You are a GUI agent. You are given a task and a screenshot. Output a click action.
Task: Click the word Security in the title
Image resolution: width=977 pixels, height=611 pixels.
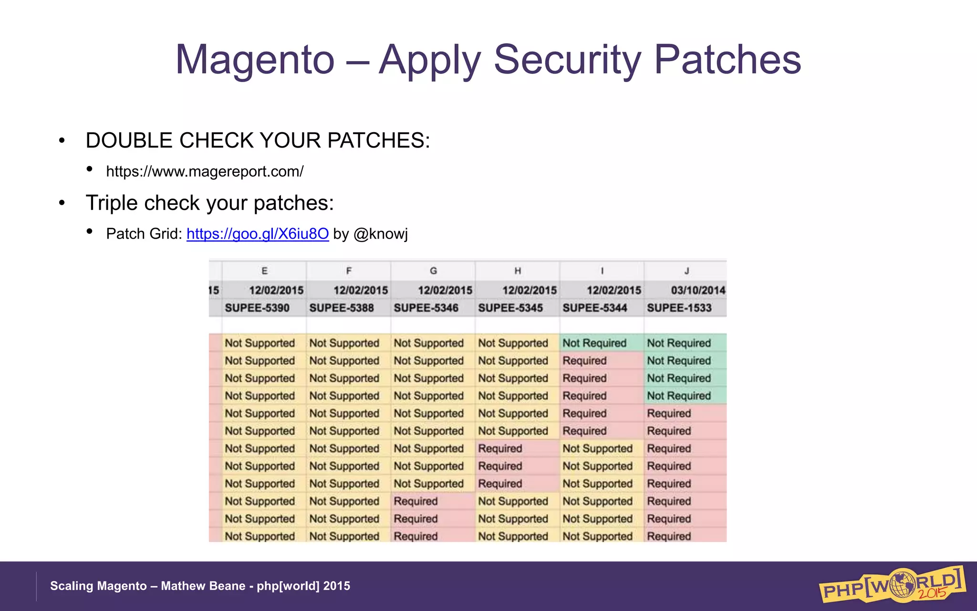click(567, 60)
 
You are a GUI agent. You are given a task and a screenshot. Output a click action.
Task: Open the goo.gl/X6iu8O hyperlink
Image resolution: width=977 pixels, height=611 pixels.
click(258, 234)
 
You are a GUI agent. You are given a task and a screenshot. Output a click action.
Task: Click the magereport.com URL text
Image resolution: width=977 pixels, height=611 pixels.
click(205, 171)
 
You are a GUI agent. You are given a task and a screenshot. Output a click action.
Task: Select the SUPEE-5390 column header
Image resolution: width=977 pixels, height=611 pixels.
click(257, 308)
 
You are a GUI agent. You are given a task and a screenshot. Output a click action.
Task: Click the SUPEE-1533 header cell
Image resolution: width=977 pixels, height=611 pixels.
click(679, 308)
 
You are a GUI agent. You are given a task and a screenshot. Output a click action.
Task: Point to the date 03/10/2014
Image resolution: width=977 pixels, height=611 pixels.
click(697, 290)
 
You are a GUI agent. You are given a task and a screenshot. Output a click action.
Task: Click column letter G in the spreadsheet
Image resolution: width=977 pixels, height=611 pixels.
click(433, 271)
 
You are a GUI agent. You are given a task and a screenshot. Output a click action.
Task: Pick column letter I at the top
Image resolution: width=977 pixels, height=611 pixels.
click(602, 271)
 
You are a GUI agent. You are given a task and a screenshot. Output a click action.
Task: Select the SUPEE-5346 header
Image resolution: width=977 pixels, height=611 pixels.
click(426, 308)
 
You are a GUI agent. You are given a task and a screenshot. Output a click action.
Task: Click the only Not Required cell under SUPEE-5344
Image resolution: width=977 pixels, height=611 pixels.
click(594, 343)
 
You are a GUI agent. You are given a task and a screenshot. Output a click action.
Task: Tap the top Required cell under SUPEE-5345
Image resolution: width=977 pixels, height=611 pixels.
click(500, 449)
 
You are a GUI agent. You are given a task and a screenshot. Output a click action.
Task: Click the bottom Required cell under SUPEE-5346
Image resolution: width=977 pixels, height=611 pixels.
click(416, 536)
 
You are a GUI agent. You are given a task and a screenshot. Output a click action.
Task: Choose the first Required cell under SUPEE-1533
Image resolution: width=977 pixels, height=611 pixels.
click(669, 413)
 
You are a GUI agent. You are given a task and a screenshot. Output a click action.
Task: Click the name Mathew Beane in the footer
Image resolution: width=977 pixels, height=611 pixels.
click(203, 586)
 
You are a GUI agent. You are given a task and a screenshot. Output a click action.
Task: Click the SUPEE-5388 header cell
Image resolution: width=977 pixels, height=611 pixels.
click(342, 308)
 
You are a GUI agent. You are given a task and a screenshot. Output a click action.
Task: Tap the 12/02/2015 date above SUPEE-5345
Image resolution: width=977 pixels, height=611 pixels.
click(529, 290)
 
